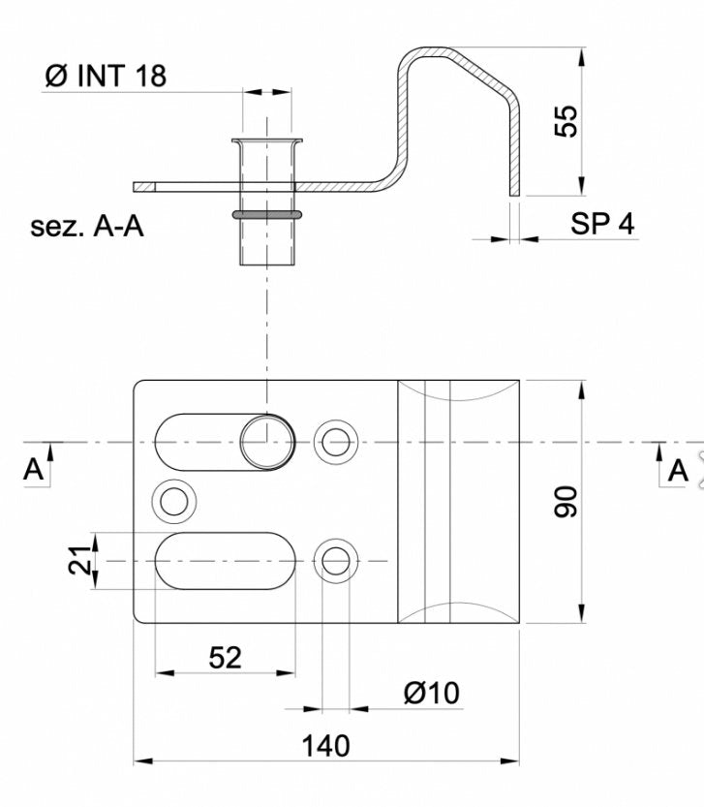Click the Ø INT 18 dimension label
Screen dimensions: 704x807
point(106,77)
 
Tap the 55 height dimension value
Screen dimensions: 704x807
point(566,121)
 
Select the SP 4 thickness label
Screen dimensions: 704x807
point(602,224)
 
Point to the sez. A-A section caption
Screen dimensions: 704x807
point(87,227)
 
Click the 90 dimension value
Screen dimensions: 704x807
point(566,501)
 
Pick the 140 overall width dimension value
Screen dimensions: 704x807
point(325,746)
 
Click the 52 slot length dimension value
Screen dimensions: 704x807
point(225,657)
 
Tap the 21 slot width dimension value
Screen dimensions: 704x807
point(79,559)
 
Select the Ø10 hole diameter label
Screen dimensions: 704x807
point(432,693)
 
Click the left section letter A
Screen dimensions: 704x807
point(33,469)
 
